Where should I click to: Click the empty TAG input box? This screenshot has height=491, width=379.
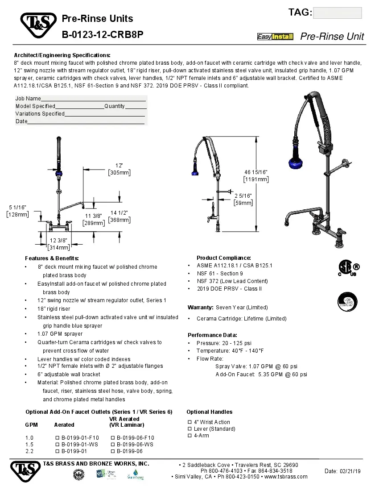(338, 13)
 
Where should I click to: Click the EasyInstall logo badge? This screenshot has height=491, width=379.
(275, 37)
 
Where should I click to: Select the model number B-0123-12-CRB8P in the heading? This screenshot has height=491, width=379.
(103, 34)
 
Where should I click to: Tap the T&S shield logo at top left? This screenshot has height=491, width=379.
(37, 26)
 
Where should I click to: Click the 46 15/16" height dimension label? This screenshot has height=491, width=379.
(256, 175)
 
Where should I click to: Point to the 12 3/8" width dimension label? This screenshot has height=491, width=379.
(59, 244)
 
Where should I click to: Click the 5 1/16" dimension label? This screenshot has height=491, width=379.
(18, 211)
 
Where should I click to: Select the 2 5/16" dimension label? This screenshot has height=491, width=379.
(243, 199)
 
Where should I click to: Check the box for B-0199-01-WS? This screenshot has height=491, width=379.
(57, 445)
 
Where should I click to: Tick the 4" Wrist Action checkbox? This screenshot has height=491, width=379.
(189, 422)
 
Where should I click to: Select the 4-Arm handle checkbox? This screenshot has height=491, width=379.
(189, 435)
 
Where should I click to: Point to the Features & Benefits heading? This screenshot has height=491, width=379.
(52, 258)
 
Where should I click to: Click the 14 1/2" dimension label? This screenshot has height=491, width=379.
(119, 216)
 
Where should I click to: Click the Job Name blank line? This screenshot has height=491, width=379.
(94, 99)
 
